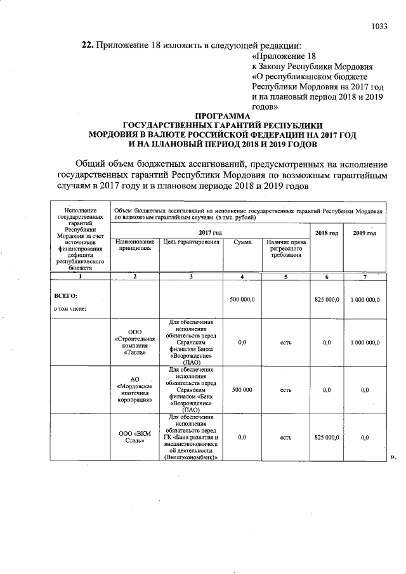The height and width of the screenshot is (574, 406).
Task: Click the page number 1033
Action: click(x=379, y=26)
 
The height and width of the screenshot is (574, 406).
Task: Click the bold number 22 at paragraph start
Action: click(x=88, y=45)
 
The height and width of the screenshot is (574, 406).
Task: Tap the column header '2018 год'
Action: click(x=327, y=233)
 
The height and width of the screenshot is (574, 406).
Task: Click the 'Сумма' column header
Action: click(x=242, y=242)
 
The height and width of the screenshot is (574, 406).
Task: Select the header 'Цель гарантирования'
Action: click(x=191, y=242)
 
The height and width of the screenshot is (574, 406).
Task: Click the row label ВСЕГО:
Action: click(x=66, y=296)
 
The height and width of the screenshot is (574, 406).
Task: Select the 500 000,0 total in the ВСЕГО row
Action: click(x=242, y=299)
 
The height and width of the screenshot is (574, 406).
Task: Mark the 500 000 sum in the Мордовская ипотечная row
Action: click(x=242, y=390)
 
